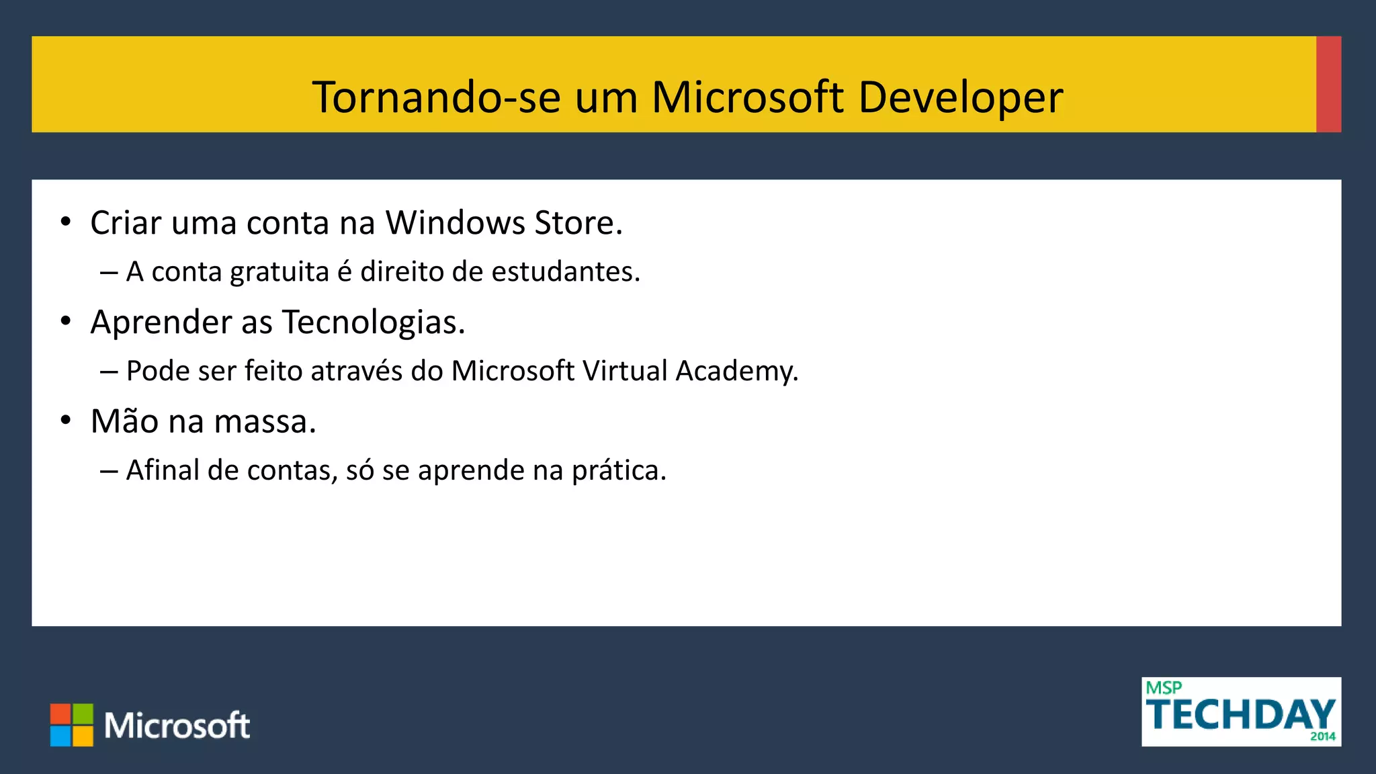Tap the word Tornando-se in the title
(x=436, y=98)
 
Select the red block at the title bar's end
(x=1328, y=84)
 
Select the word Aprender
(x=161, y=322)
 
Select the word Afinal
(x=163, y=470)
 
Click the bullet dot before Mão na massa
(x=66, y=421)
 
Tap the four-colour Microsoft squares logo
(x=72, y=725)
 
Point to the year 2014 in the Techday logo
(x=1322, y=736)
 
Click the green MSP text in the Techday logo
(x=1164, y=688)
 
